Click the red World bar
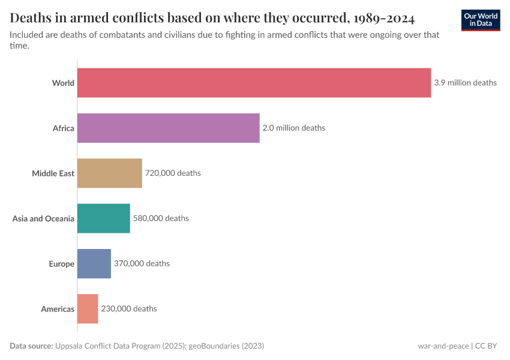(x=254, y=83)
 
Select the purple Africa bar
(x=168, y=128)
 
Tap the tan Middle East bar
(x=109, y=173)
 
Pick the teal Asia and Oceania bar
(x=103, y=218)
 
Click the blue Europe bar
(x=94, y=263)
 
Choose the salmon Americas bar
(x=88, y=309)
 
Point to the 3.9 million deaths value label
(x=465, y=83)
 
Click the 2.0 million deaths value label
(x=293, y=128)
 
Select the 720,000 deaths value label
(x=172, y=173)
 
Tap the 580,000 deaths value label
(x=160, y=218)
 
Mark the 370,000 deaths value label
(x=142, y=263)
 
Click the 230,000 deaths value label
(x=128, y=309)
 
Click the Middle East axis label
(x=53, y=173)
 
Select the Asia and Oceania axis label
(x=43, y=218)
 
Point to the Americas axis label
(x=58, y=309)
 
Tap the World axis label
(x=63, y=83)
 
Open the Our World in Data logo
(x=480, y=20)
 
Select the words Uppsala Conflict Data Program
(x=108, y=346)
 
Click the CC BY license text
(x=488, y=346)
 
